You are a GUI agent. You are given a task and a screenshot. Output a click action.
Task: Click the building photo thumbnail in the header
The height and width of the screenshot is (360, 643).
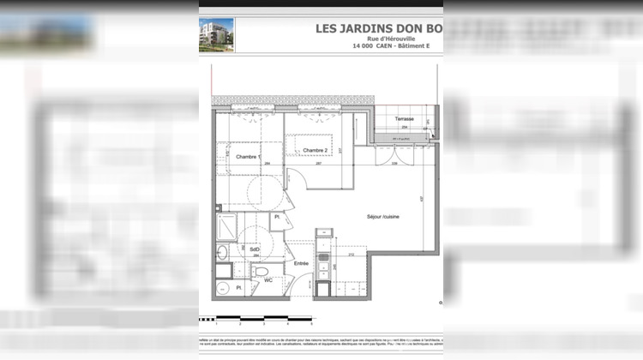point(216,34)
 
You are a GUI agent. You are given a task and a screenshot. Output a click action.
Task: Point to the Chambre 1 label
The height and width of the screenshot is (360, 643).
point(246,157)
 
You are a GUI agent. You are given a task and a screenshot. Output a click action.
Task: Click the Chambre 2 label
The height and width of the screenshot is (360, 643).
point(314,150)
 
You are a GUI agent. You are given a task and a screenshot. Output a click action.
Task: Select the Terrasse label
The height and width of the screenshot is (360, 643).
point(405,118)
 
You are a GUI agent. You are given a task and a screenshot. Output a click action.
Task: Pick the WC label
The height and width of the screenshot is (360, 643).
point(268,280)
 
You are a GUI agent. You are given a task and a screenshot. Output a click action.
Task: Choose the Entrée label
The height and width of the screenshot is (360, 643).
point(301,264)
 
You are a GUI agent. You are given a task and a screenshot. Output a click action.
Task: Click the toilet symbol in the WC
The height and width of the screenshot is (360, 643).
point(259,270)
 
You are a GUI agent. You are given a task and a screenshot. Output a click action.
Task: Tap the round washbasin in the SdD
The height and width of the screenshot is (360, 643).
point(221,252)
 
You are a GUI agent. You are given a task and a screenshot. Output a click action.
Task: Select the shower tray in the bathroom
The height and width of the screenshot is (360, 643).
point(226,227)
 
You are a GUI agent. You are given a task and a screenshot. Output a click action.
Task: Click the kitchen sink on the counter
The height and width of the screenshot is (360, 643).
point(323,256)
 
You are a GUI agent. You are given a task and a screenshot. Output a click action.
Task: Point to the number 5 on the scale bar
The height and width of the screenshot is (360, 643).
point(310,325)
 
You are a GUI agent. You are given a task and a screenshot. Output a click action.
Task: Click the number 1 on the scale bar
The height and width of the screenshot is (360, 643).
point(217,325)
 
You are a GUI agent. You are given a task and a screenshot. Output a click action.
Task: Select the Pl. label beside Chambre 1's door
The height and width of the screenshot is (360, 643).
point(277,218)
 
